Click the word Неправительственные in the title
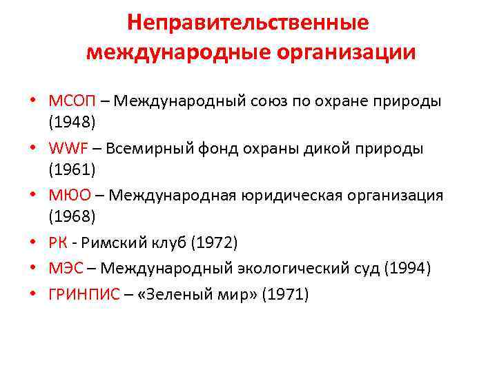point(248,22)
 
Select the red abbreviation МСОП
point(71,101)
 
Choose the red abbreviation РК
point(58,242)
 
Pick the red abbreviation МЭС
point(66,268)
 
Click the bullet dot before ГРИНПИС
point(33,295)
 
